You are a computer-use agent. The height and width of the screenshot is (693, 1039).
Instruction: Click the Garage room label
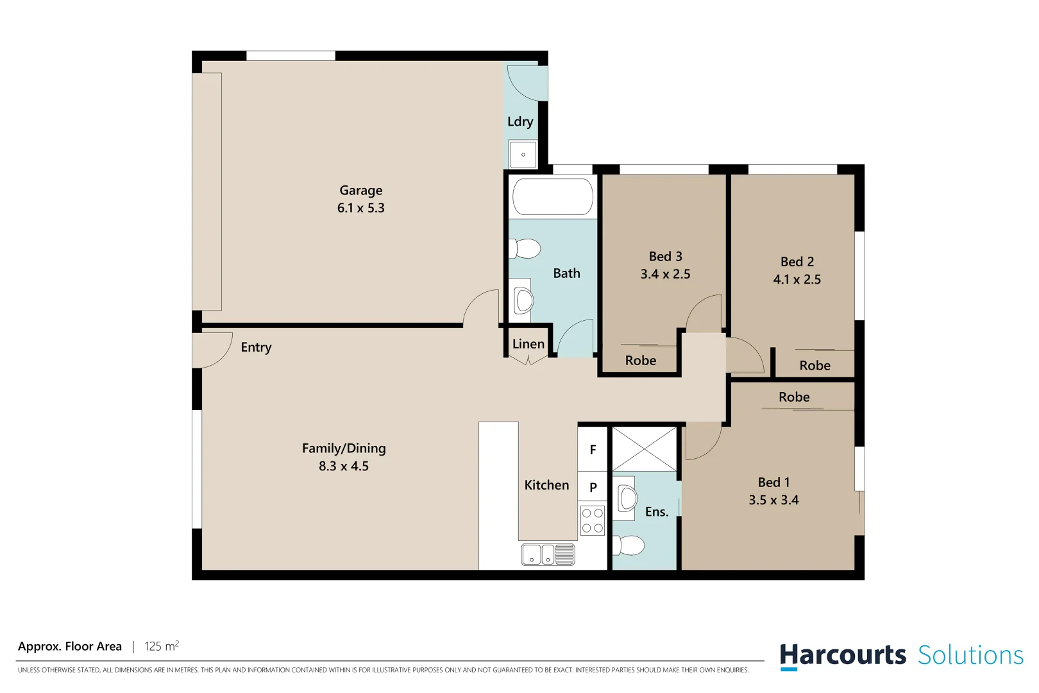[x=360, y=191]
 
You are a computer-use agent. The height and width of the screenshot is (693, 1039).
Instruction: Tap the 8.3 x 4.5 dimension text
[x=344, y=466]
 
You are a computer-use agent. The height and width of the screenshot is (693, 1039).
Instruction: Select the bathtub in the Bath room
[x=552, y=196]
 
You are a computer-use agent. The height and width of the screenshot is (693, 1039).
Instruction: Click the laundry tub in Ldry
[x=523, y=155]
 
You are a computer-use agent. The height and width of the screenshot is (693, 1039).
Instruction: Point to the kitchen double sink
[x=548, y=554]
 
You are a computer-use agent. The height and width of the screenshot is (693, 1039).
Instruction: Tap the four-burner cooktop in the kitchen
[x=592, y=521]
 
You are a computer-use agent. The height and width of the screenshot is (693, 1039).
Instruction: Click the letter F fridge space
[x=593, y=450]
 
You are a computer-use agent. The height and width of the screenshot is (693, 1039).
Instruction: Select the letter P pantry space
[x=593, y=488]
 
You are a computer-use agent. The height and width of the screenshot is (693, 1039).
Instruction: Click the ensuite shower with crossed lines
[x=644, y=449]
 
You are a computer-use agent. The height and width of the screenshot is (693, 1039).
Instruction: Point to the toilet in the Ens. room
[x=629, y=545]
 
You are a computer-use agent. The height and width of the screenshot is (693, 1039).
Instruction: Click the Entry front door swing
[x=212, y=350]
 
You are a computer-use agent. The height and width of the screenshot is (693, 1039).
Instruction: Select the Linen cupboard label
[x=528, y=345]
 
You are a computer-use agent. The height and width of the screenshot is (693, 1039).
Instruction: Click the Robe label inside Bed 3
[x=640, y=361]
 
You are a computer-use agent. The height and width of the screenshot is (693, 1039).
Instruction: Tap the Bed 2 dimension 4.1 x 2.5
[x=797, y=280]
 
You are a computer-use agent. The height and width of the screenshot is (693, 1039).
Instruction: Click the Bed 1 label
[x=773, y=483]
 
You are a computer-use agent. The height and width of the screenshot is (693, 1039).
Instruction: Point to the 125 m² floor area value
[x=162, y=646]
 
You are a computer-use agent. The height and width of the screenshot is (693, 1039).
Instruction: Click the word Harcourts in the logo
[x=842, y=656]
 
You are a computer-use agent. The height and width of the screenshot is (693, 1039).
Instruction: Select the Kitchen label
[x=546, y=486]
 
